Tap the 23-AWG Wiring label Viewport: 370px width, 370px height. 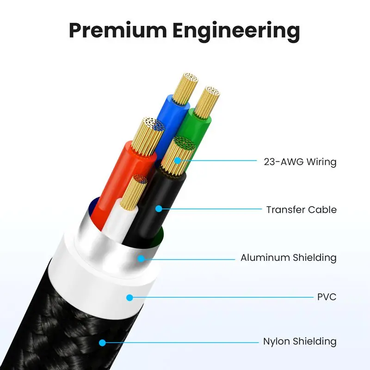tap(300, 162)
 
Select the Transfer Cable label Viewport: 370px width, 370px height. tap(301, 210)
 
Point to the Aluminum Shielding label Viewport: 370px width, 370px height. tap(288, 258)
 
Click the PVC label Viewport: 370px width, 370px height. tap(327, 297)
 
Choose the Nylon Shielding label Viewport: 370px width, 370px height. tap(299, 342)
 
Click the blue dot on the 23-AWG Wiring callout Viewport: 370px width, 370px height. tap(177, 161)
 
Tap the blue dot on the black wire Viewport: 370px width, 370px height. tap(158, 209)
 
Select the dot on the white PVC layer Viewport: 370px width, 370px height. tap(130, 297)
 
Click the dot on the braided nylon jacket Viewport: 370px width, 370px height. tap(102, 343)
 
